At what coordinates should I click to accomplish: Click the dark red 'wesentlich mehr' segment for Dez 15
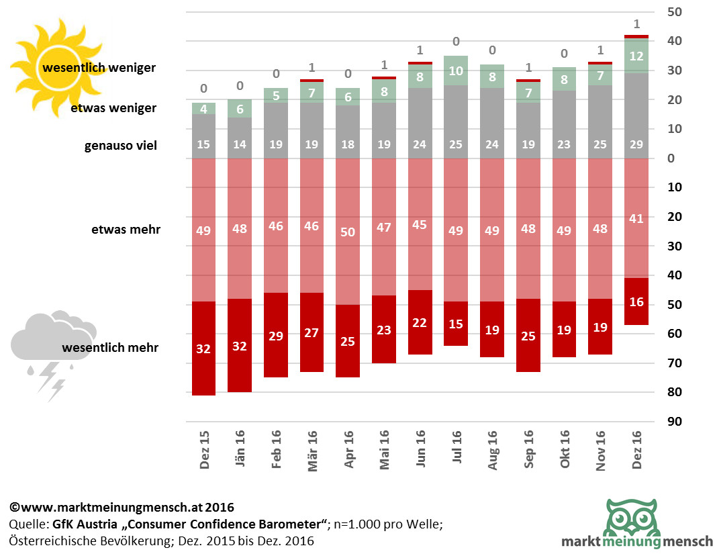click(x=204, y=348)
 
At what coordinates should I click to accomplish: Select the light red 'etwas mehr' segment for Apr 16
click(x=348, y=255)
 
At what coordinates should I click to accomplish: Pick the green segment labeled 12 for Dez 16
click(x=636, y=56)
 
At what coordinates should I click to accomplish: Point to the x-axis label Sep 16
click(x=528, y=450)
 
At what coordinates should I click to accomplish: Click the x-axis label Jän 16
click(x=240, y=450)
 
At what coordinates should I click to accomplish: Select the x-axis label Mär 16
click(x=312, y=450)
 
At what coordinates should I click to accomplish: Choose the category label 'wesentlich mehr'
click(x=110, y=348)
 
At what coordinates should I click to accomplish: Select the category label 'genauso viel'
click(x=121, y=145)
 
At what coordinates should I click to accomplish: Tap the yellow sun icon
click(x=54, y=60)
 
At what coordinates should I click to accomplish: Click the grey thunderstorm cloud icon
click(x=52, y=349)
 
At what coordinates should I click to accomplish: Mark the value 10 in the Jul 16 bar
click(x=456, y=70)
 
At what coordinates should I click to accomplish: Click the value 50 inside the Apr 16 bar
click(x=348, y=232)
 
